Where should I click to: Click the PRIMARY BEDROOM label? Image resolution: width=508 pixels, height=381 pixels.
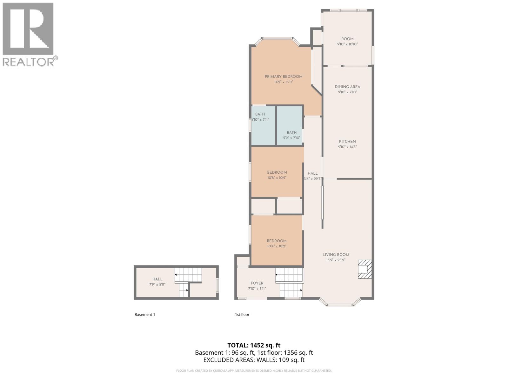(x=284, y=77)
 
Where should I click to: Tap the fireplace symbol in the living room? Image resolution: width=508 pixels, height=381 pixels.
(x=365, y=269)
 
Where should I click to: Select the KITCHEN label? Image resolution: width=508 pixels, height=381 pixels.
(x=347, y=142)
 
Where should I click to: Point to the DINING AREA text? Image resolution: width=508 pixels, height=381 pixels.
(x=347, y=87)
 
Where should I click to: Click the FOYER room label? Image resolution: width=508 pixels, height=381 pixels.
(x=257, y=283)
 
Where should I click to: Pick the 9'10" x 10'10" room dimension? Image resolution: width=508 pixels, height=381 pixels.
(x=347, y=44)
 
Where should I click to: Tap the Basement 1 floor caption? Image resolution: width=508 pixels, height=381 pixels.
(x=145, y=315)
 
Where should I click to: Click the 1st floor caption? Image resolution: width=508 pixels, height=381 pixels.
(x=242, y=315)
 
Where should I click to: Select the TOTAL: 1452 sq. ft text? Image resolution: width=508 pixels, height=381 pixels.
(x=254, y=345)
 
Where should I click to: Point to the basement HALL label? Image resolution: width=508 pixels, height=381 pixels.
(x=157, y=279)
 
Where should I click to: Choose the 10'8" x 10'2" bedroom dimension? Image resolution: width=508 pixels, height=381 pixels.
(x=277, y=178)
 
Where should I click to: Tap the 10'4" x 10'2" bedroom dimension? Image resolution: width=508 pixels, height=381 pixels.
(x=277, y=246)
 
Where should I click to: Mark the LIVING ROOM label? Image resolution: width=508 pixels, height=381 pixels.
(x=336, y=255)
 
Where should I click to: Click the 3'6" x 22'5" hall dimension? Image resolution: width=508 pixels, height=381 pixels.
(x=312, y=179)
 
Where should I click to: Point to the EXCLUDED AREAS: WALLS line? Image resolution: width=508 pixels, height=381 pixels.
(x=254, y=360)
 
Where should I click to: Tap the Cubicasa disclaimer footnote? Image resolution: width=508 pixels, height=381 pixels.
(x=254, y=371)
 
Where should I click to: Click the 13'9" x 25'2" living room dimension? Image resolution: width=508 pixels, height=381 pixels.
(x=336, y=260)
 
